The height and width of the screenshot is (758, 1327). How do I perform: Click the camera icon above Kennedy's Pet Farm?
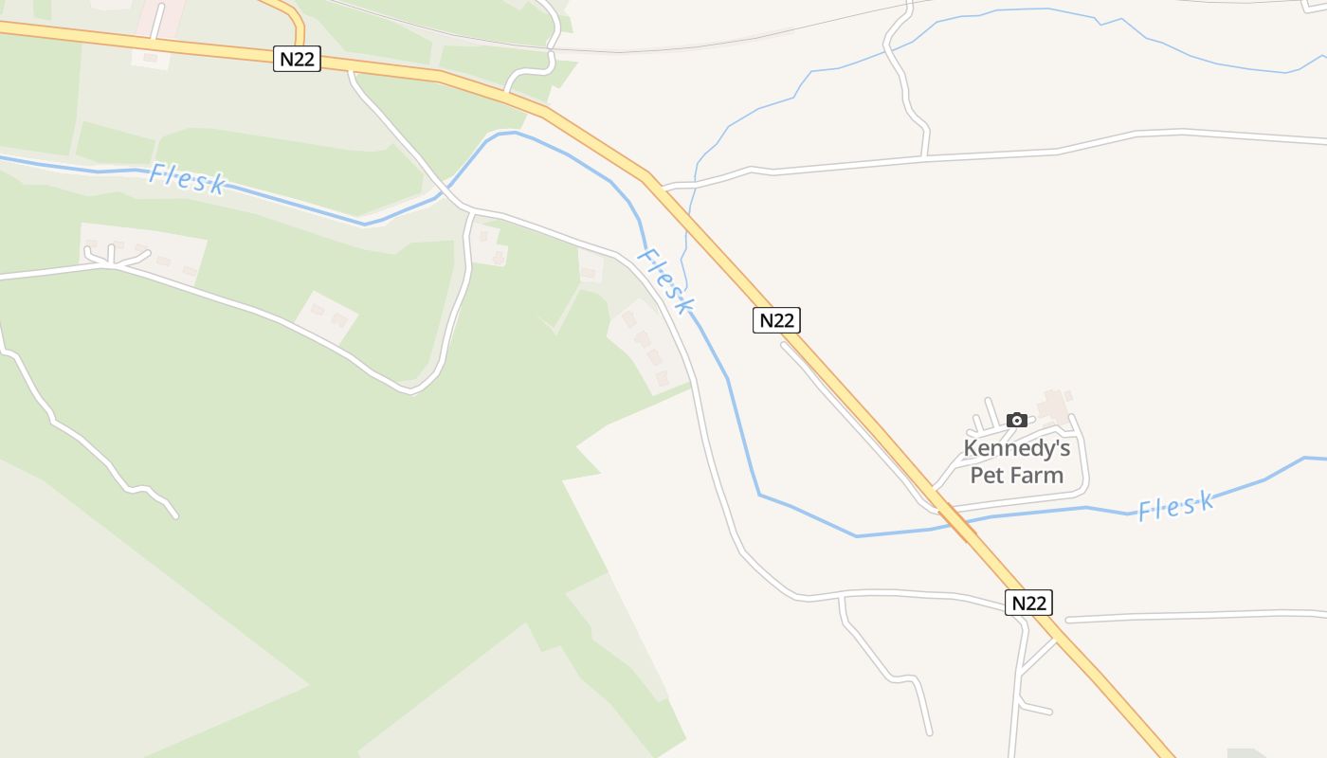click(1017, 420)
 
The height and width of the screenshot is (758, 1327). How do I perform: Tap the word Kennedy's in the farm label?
click(1016, 448)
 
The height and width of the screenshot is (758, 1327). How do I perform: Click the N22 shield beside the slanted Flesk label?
click(776, 320)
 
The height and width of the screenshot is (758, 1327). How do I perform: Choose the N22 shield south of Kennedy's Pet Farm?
click(1028, 603)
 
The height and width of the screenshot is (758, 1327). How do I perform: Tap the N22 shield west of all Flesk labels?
click(298, 60)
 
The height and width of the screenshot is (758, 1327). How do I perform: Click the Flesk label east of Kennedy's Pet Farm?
click(1175, 506)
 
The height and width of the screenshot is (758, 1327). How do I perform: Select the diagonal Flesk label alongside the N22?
click(666, 281)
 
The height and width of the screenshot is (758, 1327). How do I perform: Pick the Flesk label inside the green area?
click(187, 179)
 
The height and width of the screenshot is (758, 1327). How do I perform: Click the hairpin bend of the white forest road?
click(412, 388)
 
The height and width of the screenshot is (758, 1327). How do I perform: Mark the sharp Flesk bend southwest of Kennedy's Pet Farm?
click(759, 494)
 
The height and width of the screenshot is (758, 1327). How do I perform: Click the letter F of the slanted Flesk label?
click(646, 255)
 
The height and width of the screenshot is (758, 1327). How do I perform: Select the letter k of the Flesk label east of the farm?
click(1206, 500)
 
